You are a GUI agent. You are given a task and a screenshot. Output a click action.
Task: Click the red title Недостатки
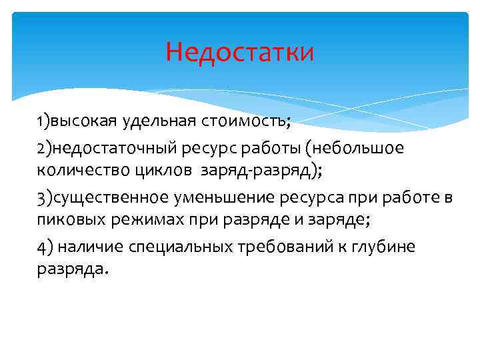coord(239,51)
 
